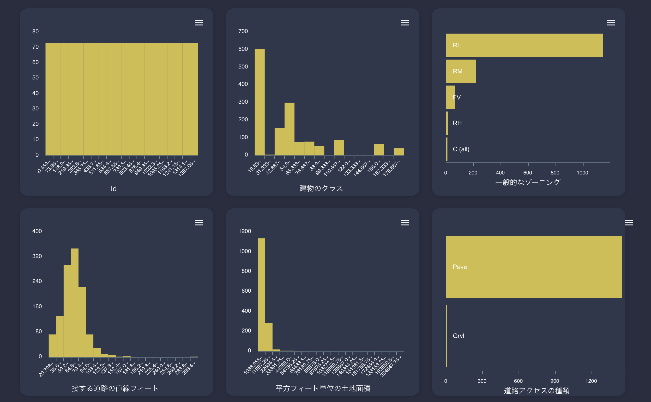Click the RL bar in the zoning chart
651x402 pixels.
pyautogui.click(x=524, y=45)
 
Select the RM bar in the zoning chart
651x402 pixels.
pyautogui.click(x=461, y=71)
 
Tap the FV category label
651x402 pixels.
pyautogui.click(x=457, y=97)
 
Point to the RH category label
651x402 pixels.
pyautogui.click(x=457, y=123)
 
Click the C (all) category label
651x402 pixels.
pyautogui.click(x=461, y=149)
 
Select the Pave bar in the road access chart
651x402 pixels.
pyautogui.click(x=534, y=267)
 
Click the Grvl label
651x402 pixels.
pyautogui.click(x=458, y=336)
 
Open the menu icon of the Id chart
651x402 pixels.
pyautogui.click(x=199, y=23)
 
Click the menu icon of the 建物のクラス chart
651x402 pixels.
pyautogui.click(x=405, y=23)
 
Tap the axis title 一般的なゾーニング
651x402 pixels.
pyautogui.click(x=528, y=183)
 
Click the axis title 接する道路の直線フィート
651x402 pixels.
pyautogui.click(x=115, y=388)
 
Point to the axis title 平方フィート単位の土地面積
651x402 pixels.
pyautogui.click(x=323, y=388)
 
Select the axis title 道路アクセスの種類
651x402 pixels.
pyautogui.click(x=537, y=391)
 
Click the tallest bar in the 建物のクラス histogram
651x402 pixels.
pyautogui.click(x=260, y=102)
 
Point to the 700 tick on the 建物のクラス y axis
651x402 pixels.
pyautogui.click(x=243, y=31)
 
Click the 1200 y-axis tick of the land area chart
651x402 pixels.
pyautogui.click(x=244, y=231)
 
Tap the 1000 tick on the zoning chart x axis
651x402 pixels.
pyautogui.click(x=582, y=173)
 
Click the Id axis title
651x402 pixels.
pyautogui.click(x=114, y=189)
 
